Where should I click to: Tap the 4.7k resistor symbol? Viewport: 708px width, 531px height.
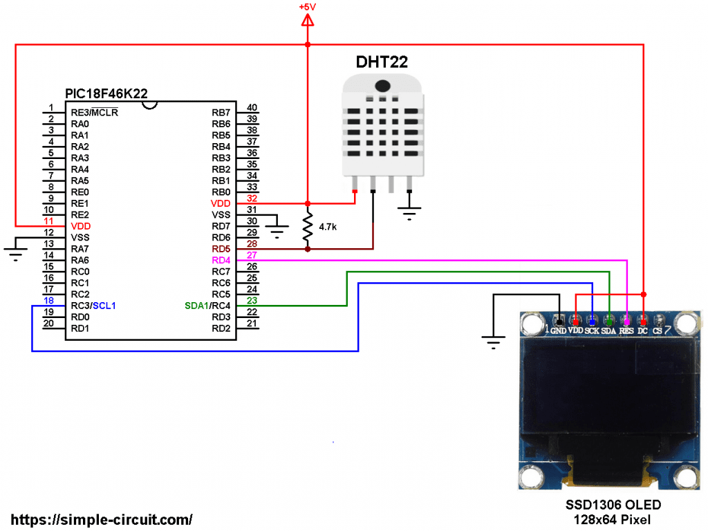click(x=308, y=226)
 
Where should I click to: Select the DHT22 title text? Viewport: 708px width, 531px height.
click(x=382, y=61)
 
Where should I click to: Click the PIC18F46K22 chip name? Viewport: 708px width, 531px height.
click(x=106, y=93)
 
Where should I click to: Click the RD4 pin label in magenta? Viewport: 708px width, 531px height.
click(x=221, y=260)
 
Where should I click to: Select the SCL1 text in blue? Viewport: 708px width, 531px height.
click(x=104, y=305)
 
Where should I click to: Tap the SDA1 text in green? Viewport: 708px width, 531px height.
click(x=196, y=305)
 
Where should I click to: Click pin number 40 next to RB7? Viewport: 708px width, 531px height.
click(x=252, y=107)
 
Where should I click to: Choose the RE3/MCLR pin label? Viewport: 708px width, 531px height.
click(x=94, y=112)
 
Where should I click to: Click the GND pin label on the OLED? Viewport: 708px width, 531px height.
click(x=558, y=330)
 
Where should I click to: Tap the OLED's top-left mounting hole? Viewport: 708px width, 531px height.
click(x=531, y=322)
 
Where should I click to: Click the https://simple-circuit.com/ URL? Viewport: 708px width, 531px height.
click(x=102, y=519)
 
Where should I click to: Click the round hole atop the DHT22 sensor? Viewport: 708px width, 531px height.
click(x=381, y=86)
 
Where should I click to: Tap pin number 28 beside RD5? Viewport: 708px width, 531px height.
click(x=252, y=243)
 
